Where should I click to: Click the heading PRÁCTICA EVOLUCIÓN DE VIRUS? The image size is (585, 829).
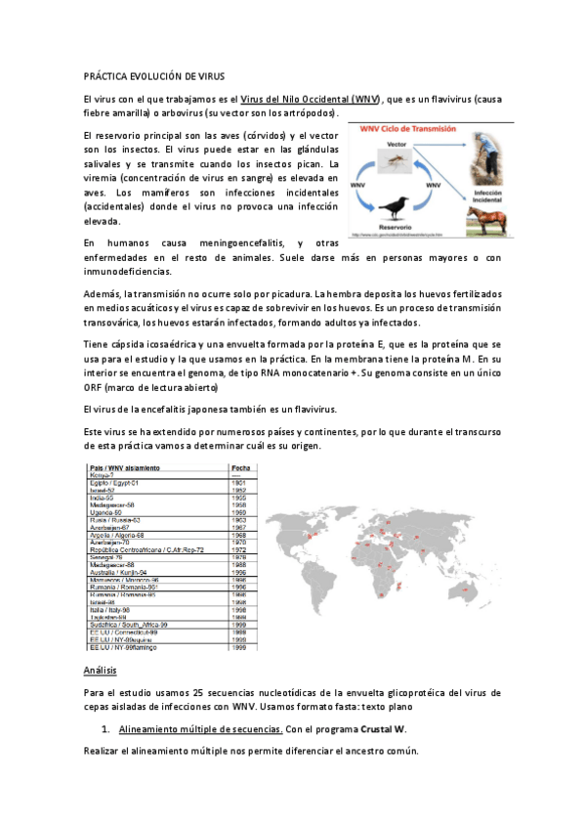(155, 75)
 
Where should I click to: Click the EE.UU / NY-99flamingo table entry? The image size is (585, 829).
(125, 647)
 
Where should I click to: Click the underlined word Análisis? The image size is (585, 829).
(101, 671)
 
